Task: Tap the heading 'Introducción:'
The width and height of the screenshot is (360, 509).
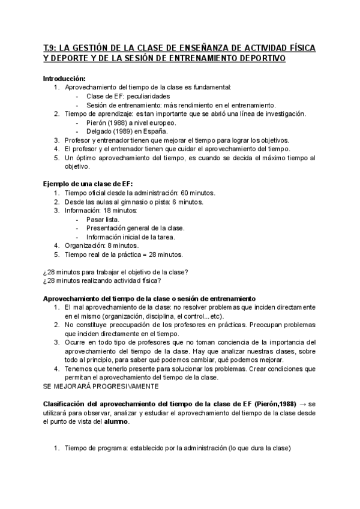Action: [x=65, y=79]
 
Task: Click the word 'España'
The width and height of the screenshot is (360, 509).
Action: [x=155, y=131]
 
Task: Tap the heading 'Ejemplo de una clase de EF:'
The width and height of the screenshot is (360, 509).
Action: [x=88, y=184]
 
